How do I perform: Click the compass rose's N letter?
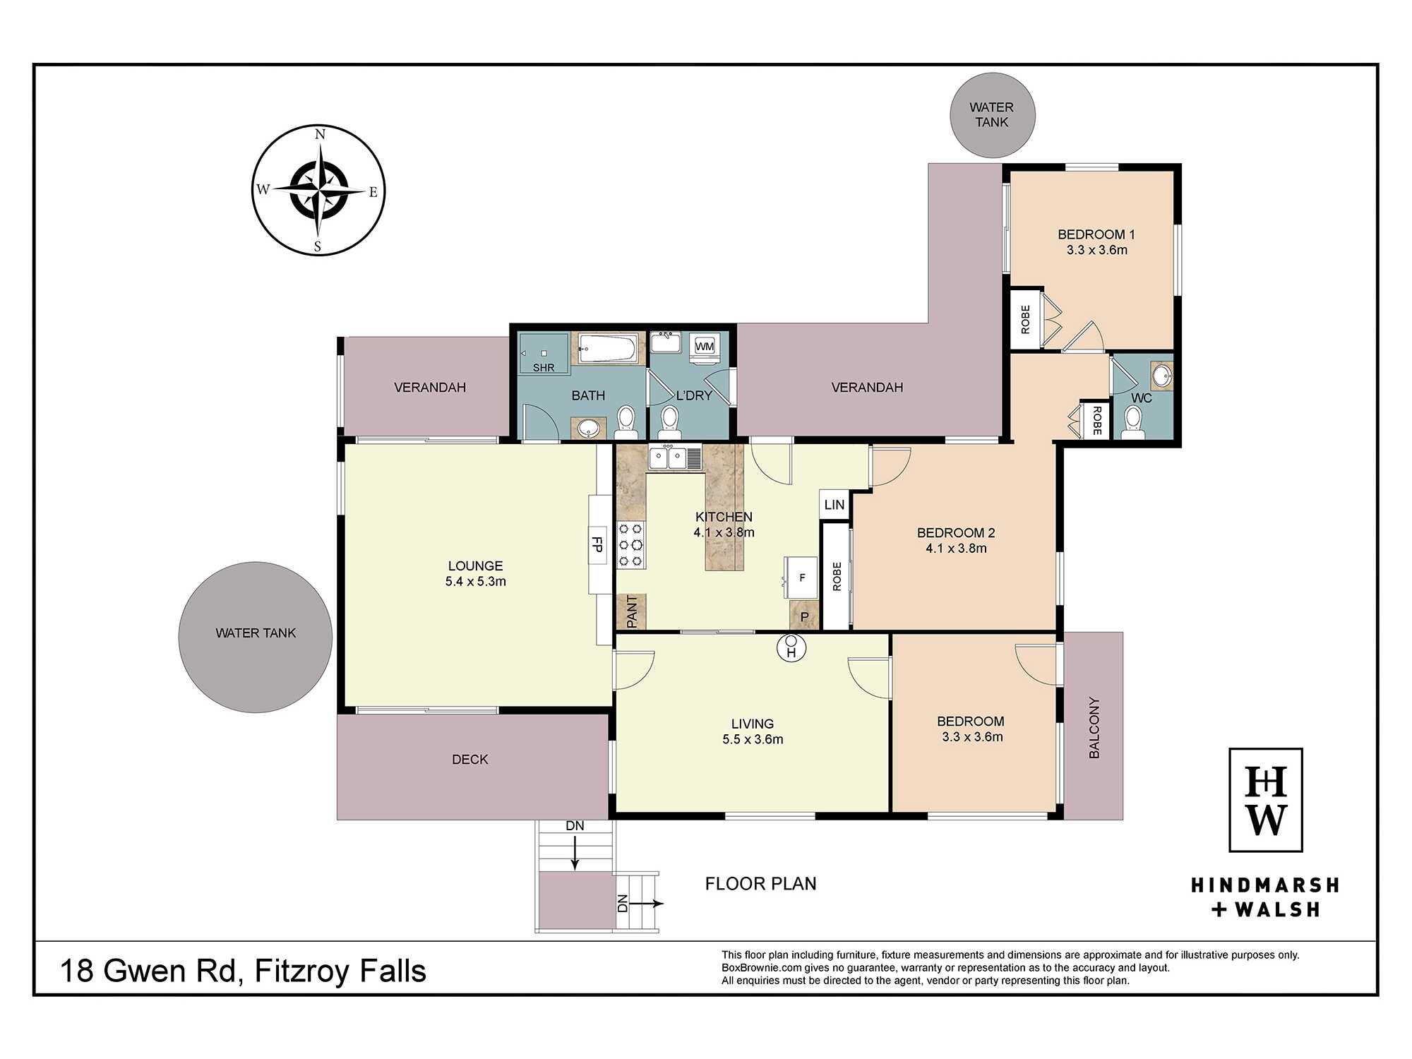click(320, 134)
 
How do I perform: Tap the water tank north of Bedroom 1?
click(993, 115)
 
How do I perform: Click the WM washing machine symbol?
click(705, 346)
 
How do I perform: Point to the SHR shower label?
click(544, 368)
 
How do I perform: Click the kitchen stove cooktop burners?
click(631, 544)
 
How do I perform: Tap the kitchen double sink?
click(676, 457)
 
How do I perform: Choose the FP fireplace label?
click(597, 544)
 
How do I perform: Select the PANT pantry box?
click(631, 611)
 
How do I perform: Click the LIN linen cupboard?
click(834, 505)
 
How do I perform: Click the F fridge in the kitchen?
click(801, 578)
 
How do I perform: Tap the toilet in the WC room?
click(1133, 422)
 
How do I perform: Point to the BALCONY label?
click(1094, 728)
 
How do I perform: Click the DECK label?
click(470, 760)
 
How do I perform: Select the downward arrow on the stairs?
click(575, 853)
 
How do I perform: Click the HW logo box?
click(1266, 800)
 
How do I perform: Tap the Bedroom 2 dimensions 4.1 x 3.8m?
click(957, 549)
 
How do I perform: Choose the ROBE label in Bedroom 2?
click(837, 576)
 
